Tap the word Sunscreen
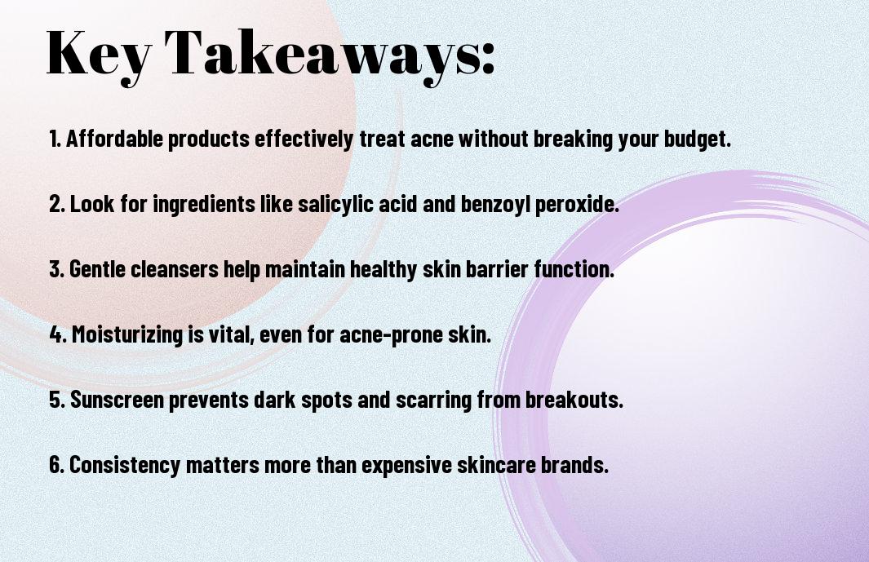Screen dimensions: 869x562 (117, 400)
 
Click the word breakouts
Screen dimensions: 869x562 (574, 400)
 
